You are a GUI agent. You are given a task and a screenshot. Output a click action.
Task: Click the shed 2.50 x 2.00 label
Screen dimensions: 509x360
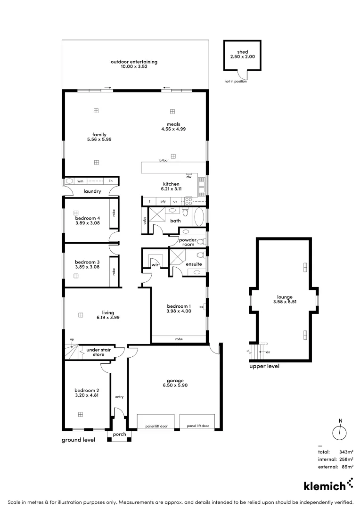[x=242, y=54]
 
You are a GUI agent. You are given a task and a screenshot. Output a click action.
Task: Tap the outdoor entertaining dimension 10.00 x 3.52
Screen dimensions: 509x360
[x=134, y=67]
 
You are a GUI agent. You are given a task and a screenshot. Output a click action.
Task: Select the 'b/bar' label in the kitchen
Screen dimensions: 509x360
[x=164, y=161]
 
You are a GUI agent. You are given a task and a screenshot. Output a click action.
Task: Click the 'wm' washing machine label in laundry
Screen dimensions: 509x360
[x=80, y=181]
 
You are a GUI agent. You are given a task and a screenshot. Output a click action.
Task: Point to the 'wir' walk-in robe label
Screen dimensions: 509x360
[x=154, y=265]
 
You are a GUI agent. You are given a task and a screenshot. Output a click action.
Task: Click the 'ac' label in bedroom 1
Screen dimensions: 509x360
[x=201, y=306]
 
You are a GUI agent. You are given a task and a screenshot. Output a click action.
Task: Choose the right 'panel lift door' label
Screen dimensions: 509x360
[x=197, y=426]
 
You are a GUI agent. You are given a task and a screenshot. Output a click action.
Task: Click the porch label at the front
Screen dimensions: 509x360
[x=119, y=434]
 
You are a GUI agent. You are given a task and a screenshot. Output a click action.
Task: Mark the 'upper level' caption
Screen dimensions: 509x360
[x=264, y=366]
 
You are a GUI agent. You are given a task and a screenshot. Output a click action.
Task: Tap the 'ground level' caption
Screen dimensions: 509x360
[x=78, y=440]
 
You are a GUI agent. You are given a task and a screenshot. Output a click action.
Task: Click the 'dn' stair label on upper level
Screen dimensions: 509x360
[x=268, y=352]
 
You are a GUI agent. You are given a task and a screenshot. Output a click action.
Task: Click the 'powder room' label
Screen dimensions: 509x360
[x=187, y=242]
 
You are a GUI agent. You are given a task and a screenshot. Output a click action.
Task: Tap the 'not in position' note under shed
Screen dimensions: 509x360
[x=236, y=82]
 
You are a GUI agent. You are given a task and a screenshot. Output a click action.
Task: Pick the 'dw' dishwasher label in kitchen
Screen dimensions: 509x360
[x=189, y=177]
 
